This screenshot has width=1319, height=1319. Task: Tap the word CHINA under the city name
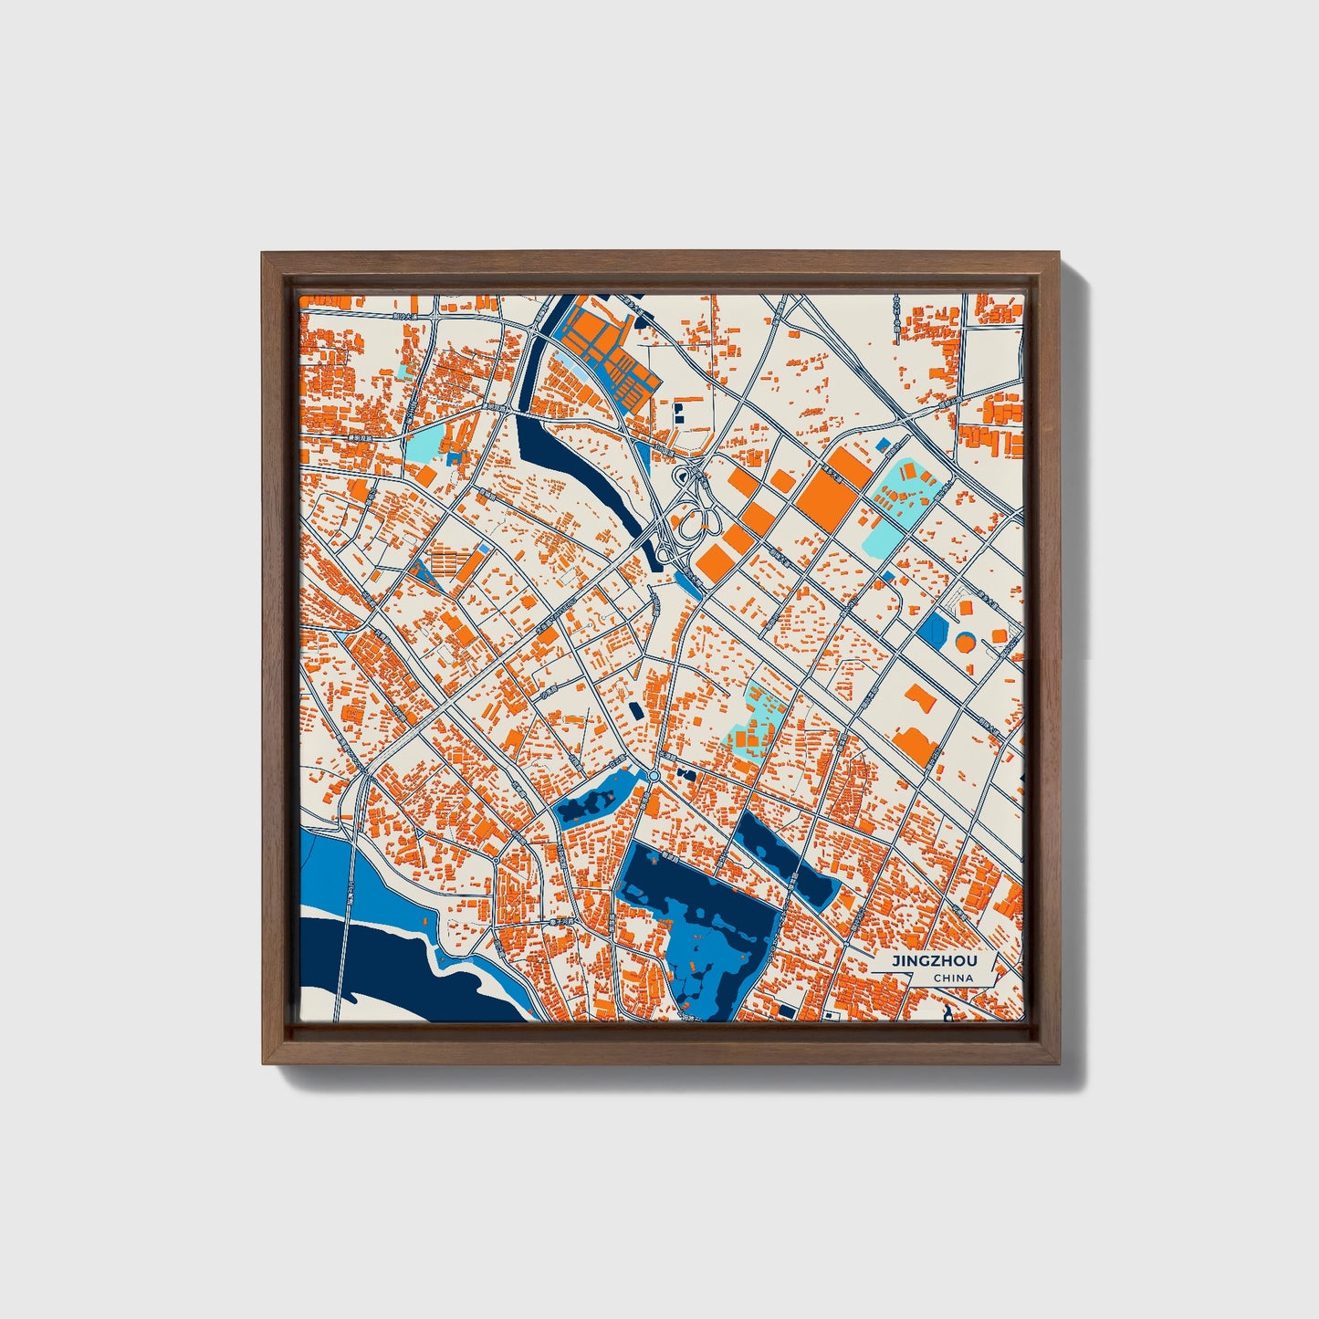click(x=953, y=979)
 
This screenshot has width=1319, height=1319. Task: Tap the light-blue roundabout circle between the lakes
click(x=654, y=776)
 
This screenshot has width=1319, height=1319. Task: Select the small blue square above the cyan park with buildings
click(x=883, y=445)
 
